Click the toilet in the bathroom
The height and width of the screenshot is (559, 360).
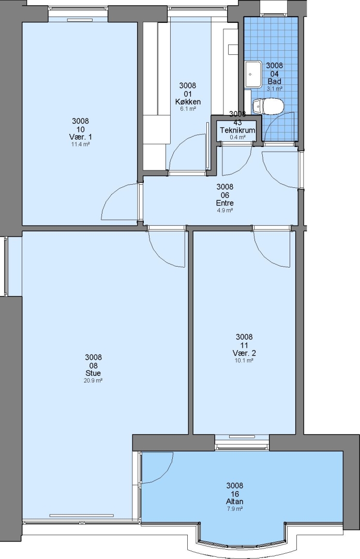click(267, 106)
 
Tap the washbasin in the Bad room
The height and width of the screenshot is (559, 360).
click(253, 74)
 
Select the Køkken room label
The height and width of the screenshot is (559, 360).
click(188, 102)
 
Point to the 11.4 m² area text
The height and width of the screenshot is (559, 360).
click(80, 144)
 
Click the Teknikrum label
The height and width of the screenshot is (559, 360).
click(237, 130)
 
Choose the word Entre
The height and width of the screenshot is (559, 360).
click(225, 203)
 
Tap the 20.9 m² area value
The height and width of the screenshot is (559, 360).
click(94, 380)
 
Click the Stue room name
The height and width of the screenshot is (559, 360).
click(94, 373)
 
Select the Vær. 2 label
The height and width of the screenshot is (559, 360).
click(244, 354)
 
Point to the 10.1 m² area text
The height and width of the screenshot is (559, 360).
click(244, 360)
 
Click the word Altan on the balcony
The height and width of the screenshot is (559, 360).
click(235, 502)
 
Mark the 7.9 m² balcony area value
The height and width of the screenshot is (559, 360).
click(235, 509)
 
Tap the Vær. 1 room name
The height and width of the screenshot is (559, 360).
click(80, 137)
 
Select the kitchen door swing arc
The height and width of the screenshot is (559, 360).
click(179, 144)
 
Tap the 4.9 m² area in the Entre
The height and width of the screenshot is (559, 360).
click(225, 210)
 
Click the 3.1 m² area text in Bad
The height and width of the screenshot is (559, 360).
click(275, 89)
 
